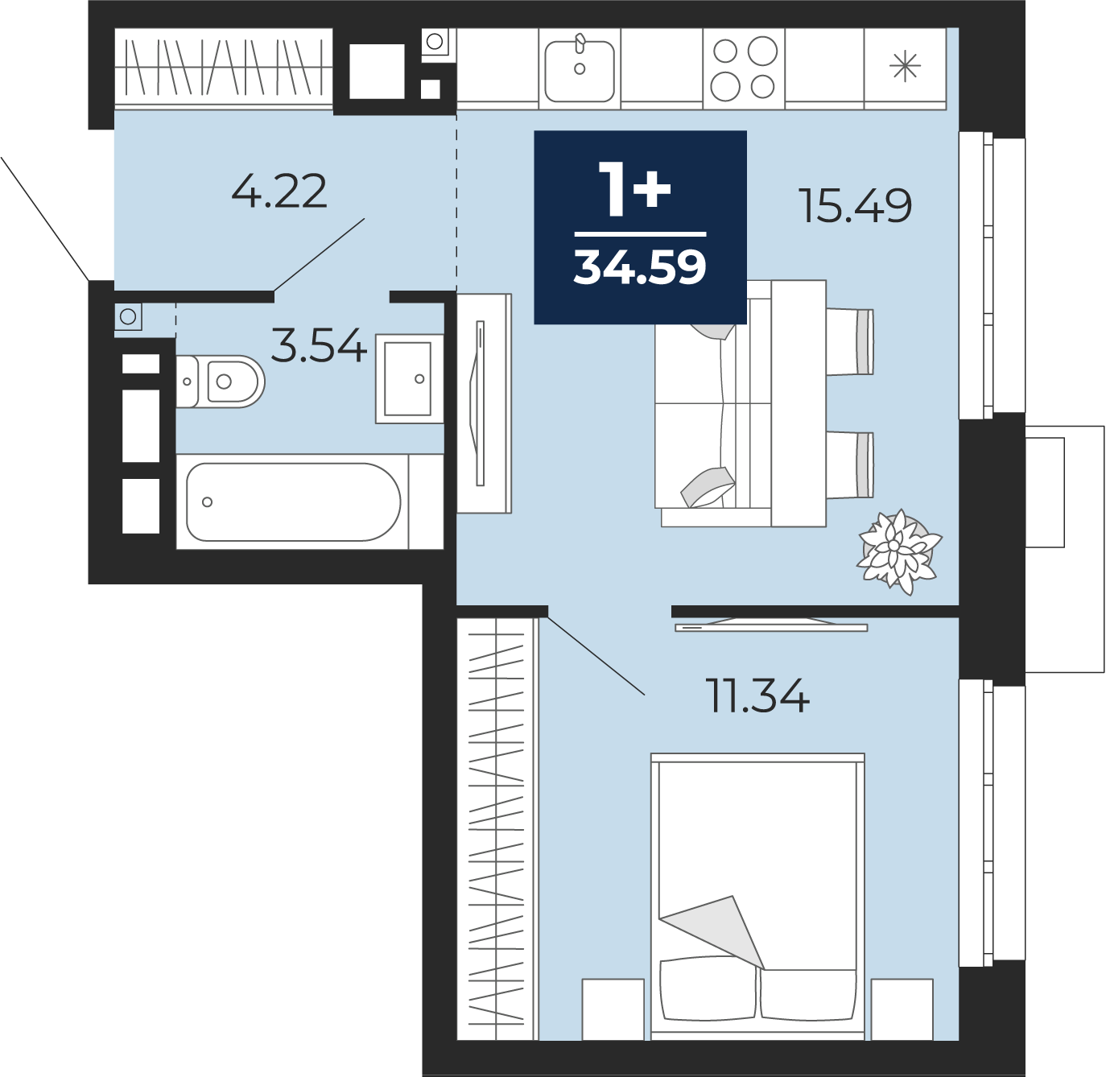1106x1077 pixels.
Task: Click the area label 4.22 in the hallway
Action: [x=279, y=191]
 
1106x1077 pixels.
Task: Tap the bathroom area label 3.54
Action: [x=319, y=345]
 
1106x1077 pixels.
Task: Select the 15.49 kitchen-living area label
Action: [x=856, y=205]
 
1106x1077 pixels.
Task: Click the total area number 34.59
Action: [x=640, y=267]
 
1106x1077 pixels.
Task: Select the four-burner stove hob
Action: [x=745, y=68]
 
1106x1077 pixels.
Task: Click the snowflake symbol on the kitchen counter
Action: [x=905, y=67]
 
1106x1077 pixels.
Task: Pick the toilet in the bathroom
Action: [x=220, y=382]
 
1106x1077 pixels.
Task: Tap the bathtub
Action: [x=293, y=501]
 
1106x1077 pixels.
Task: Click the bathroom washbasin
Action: [x=409, y=378]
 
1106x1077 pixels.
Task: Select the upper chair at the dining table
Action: [x=850, y=341]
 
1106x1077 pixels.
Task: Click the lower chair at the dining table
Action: [x=850, y=465]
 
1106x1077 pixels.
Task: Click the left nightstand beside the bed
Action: [x=613, y=1009]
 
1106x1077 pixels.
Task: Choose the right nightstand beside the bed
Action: [x=902, y=1009]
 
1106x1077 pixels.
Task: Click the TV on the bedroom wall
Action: [x=771, y=626]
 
